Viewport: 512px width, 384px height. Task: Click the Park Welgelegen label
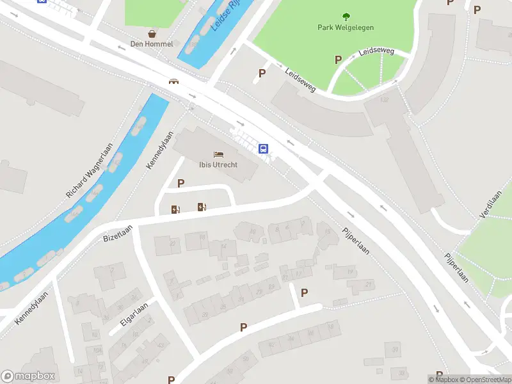click(346, 28)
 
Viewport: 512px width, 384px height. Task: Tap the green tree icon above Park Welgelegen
click(346, 17)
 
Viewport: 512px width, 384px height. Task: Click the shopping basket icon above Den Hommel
click(152, 33)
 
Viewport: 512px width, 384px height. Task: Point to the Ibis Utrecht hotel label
click(218, 164)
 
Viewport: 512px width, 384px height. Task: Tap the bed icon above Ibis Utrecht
click(218, 154)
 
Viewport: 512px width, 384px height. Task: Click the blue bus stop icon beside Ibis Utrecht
click(263, 148)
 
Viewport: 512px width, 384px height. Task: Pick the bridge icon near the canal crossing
click(173, 81)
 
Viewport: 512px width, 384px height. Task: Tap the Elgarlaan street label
click(132, 315)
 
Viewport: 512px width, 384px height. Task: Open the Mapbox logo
click(29, 376)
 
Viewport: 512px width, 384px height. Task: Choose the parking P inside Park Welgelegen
click(338, 60)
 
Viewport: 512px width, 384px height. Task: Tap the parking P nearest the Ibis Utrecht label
click(180, 184)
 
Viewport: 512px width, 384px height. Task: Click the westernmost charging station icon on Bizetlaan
click(175, 209)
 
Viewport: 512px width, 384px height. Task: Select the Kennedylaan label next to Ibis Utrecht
click(160, 150)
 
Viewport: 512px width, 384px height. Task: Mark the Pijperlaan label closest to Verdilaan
click(457, 268)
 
